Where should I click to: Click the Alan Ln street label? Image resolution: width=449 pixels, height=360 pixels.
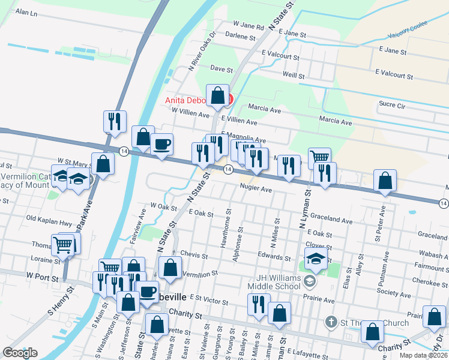click(26, 12)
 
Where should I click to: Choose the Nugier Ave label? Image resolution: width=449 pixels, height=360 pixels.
click(256, 189)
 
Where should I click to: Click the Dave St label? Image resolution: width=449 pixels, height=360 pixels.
click(221, 70)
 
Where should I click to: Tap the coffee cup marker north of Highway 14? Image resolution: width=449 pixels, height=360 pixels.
click(161, 145)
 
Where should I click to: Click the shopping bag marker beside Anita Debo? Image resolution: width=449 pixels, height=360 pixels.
click(217, 95)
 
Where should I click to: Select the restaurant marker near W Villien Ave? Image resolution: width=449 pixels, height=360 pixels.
click(113, 122)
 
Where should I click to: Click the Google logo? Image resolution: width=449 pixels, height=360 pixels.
click(20, 353)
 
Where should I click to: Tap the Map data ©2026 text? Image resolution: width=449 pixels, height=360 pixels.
click(423, 355)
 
